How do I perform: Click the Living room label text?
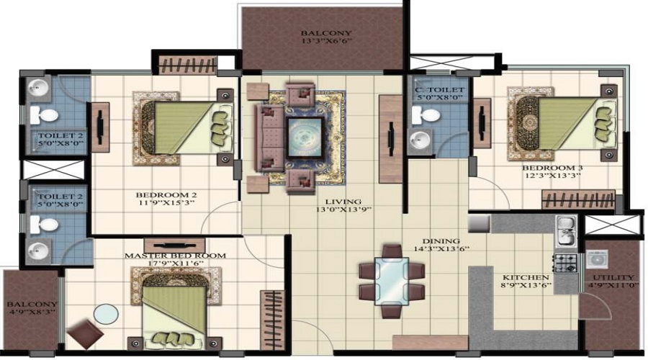point(341,202)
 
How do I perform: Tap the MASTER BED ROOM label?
point(175,256)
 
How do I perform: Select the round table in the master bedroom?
point(106,315)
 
